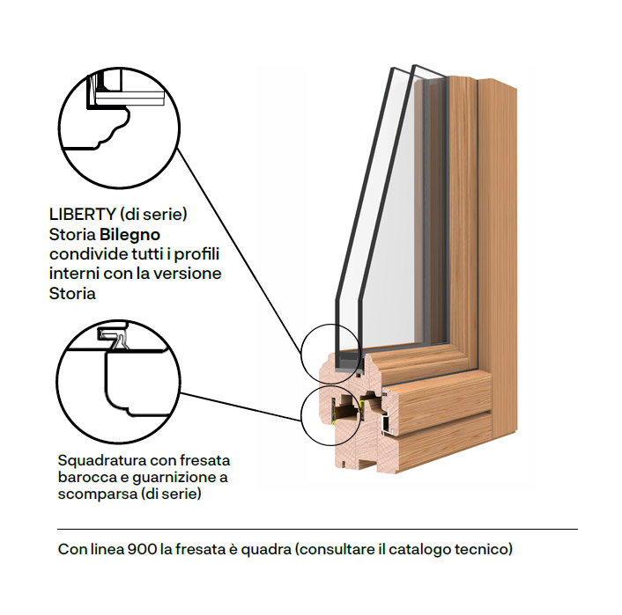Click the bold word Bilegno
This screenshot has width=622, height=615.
(130, 235)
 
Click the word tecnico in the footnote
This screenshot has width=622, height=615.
(484, 550)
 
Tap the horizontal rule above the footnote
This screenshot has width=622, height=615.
(317, 529)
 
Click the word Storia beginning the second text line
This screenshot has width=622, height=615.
(71, 235)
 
